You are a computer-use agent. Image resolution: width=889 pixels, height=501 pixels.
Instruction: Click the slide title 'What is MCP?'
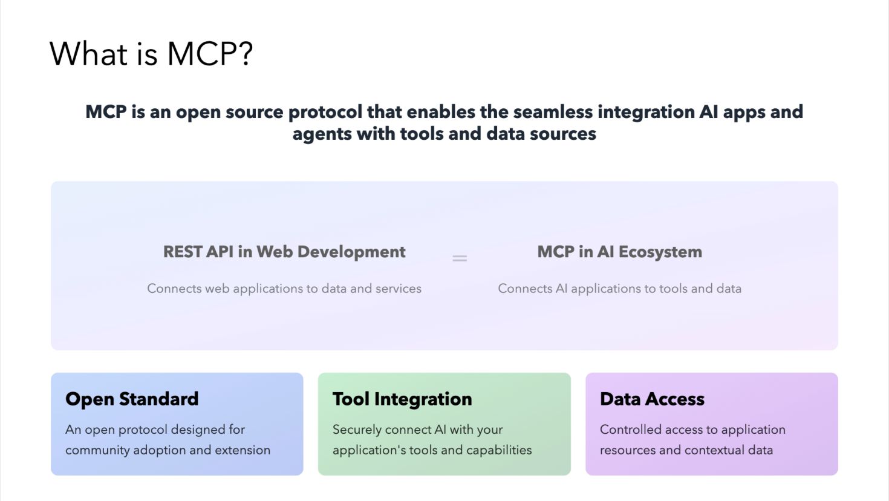pos(151,54)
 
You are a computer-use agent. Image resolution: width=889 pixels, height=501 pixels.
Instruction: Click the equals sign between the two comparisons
pos(460,258)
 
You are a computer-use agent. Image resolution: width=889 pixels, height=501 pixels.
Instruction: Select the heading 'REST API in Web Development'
pos(284,252)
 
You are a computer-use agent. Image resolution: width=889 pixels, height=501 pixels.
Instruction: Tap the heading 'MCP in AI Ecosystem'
pos(619,252)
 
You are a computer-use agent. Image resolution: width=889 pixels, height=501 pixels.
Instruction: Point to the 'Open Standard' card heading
pos(132,399)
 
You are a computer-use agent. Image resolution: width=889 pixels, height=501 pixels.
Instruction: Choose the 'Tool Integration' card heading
pos(402,399)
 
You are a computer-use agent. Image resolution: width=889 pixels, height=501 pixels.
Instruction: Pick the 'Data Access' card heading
pos(652,399)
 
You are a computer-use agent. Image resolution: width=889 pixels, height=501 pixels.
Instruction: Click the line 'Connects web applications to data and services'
pos(284,289)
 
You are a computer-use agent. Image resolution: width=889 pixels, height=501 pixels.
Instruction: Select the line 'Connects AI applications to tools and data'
pos(619,289)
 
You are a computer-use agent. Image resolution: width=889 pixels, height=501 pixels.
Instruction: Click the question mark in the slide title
pos(245,54)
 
